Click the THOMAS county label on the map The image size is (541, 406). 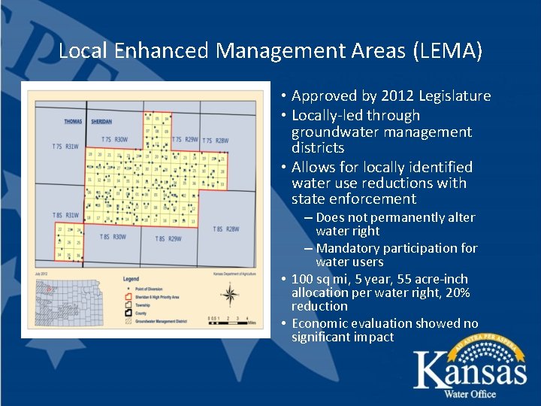coord(73,121)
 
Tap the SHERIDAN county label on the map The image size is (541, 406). coord(101,121)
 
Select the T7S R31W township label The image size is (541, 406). coord(65,147)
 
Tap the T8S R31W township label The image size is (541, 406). coord(66,215)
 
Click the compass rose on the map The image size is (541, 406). coord(231,295)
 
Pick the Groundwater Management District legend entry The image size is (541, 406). coord(167,321)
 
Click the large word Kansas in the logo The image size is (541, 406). coord(470,371)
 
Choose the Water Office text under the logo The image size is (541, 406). coord(470,394)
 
